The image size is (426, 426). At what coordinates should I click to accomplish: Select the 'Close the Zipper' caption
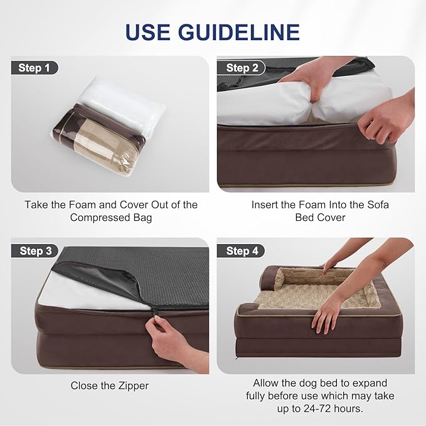tap(110, 386)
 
